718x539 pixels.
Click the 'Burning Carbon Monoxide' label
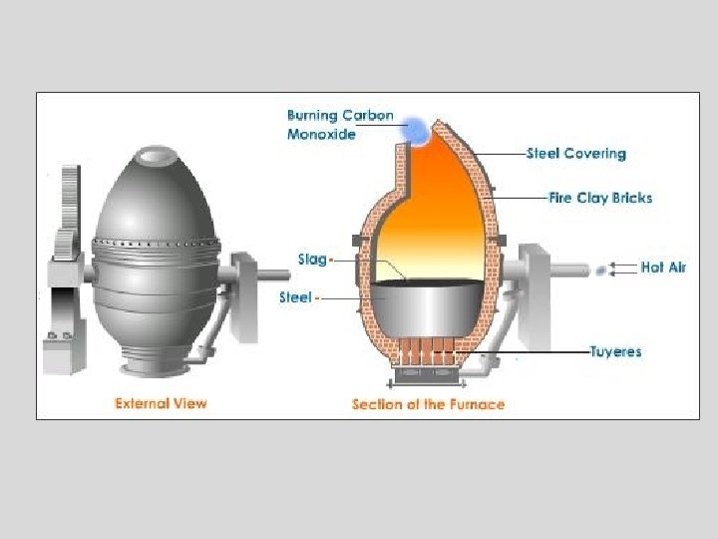(x=339, y=125)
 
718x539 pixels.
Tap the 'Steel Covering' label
(x=575, y=154)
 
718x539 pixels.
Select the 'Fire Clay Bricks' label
(x=600, y=198)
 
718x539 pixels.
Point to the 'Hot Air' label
(x=663, y=268)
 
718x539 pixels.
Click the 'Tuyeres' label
(x=615, y=351)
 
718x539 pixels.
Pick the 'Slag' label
(x=311, y=260)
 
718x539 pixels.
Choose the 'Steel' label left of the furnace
(x=295, y=297)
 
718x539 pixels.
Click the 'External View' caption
(x=161, y=403)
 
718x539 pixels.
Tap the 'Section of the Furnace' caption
(x=428, y=404)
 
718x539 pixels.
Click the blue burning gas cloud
(x=413, y=128)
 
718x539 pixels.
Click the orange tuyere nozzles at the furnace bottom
(x=428, y=352)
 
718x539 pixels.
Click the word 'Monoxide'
(x=321, y=135)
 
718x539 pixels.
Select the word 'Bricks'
(x=631, y=198)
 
